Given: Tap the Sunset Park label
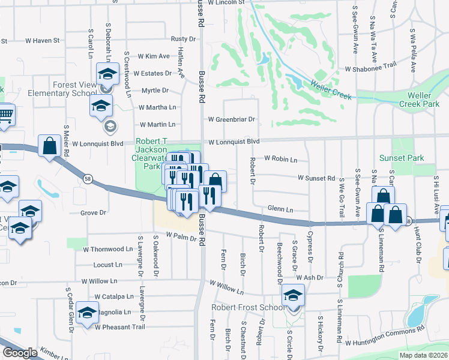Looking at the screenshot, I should pos(402,158).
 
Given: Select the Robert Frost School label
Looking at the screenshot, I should pos(248,308).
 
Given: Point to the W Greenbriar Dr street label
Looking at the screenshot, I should pos(232,119).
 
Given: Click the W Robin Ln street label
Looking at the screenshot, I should pos(281,160).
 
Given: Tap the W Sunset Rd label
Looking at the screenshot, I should pos(316,178).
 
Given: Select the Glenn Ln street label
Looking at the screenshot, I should pos(280,209).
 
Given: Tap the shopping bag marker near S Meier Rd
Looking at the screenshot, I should pos(49,146).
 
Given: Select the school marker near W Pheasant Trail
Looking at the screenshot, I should pos(88,314).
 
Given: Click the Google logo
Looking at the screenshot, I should pos(20,353).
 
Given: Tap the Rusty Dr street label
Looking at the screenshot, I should pos(183,38).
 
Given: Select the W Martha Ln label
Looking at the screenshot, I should pos(157,107).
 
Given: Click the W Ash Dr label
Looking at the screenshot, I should pos(309,278).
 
